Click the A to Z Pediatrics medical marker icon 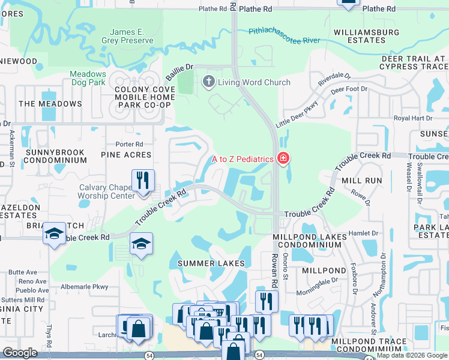pos(283,159)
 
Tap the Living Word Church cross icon pos(208,82)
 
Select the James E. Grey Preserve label pos(131,36)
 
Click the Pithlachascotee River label pos(285,37)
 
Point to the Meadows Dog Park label pos(88,78)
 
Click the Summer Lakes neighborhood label pos(211,263)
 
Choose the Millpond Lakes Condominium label pos(310,241)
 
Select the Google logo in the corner pos(20,353)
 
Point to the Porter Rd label pos(130,144)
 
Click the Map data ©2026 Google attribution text pos(412,355)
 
